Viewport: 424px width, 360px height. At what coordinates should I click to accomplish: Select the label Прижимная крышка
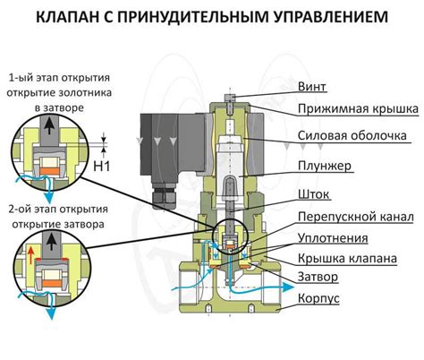coord(358,108)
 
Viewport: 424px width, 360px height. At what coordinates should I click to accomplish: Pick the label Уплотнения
coord(334,238)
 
